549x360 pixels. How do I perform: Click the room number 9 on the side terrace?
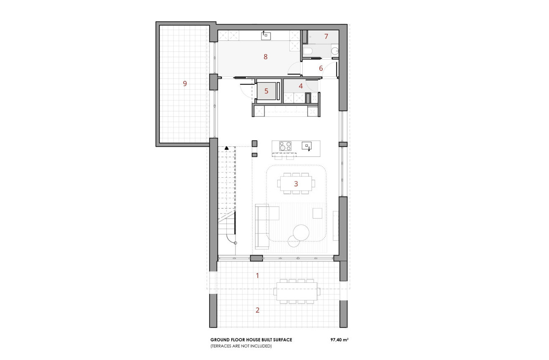[185, 83]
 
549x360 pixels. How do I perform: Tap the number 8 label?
[266, 57]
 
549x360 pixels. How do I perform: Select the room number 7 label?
[326, 37]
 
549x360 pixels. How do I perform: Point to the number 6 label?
[321, 68]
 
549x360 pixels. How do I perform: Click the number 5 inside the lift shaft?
[266, 91]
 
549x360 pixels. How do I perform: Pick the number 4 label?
[301, 86]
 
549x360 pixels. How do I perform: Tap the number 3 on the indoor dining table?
[296, 183]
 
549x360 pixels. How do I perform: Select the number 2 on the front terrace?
[258, 310]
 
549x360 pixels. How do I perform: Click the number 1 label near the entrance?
[258, 275]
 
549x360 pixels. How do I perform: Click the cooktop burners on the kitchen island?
[285, 146]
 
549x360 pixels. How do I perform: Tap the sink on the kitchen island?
[306, 146]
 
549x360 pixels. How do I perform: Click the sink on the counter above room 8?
[265, 36]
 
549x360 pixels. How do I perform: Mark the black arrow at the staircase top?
[226, 148]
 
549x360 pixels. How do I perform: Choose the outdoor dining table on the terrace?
[296, 291]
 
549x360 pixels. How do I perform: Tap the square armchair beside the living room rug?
[317, 213]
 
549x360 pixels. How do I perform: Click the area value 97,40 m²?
[339, 340]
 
